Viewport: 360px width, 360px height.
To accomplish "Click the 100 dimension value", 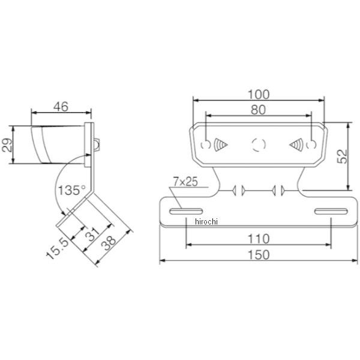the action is [259, 95].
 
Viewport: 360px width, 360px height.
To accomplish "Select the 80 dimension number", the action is [258, 110].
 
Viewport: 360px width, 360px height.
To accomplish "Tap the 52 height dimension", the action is [342, 157].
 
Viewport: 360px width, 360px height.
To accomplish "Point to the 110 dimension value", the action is [258, 239].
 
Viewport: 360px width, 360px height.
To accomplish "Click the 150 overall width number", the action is [259, 255].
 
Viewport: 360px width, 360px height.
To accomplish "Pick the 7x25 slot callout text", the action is [185, 182].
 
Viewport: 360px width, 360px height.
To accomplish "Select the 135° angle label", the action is [72, 190].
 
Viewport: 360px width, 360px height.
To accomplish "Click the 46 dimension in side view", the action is [61, 107].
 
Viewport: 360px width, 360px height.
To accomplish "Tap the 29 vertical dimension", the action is [7, 145].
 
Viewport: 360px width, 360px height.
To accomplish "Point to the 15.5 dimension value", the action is [58, 248].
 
